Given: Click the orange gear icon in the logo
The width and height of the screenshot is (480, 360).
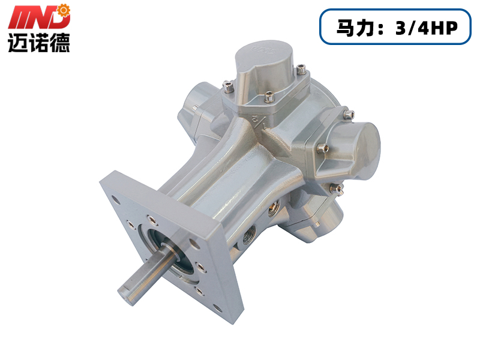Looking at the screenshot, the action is [x=64, y=11].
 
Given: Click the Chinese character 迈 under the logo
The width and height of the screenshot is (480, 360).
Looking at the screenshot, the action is [x=17, y=43].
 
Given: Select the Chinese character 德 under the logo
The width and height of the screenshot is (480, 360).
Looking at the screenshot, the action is [x=59, y=43].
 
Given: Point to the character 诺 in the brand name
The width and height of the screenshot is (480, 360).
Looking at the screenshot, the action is [x=38, y=43].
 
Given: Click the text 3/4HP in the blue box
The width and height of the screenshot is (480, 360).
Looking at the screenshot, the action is [x=427, y=28].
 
